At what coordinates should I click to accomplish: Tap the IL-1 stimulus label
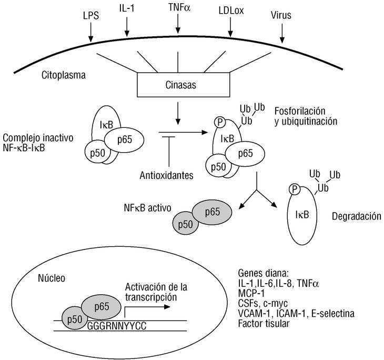pos(128,10)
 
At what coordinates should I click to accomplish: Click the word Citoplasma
pos(64,75)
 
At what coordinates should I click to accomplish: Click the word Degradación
pos(356,216)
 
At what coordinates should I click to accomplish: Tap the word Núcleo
pos(52,277)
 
